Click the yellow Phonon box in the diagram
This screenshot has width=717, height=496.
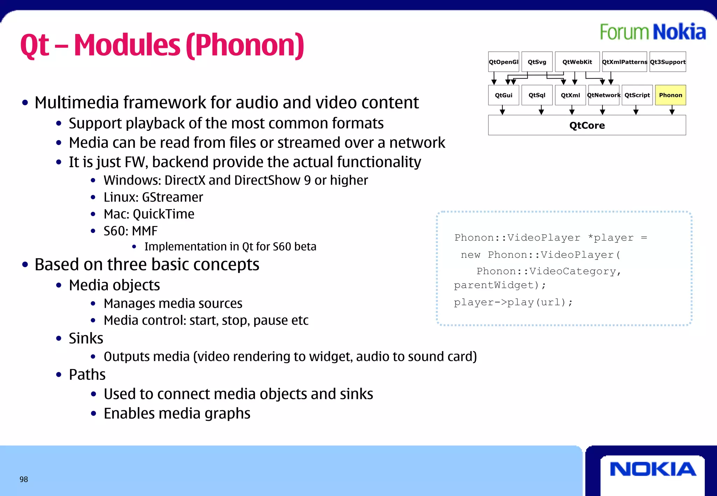(670, 95)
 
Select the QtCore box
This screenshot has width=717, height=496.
(587, 125)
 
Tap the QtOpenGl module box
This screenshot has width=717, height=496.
(503, 62)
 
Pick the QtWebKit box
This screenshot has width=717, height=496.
(577, 62)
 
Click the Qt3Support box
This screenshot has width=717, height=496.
(667, 62)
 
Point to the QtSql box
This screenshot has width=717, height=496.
(537, 95)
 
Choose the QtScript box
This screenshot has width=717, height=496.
(637, 95)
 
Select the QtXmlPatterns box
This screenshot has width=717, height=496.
(624, 62)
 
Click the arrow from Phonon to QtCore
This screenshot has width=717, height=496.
(672, 110)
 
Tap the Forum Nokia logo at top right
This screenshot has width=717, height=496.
(653, 32)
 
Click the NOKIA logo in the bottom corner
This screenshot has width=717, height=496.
(653, 469)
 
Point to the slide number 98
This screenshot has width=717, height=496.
(24, 479)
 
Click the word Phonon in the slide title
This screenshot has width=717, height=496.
(245, 45)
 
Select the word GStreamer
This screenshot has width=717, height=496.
(172, 197)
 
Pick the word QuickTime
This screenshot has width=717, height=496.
(163, 214)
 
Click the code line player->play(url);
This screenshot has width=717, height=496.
(513, 302)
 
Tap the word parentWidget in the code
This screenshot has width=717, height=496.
(494, 285)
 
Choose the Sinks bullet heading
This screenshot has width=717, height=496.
(86, 339)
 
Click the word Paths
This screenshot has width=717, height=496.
(87, 375)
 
